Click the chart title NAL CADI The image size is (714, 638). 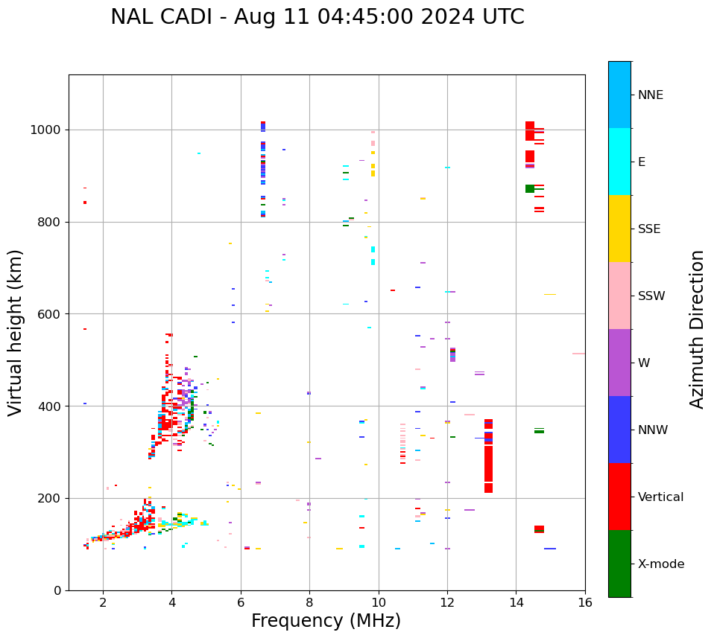point(317,17)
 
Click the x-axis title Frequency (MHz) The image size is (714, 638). point(326,621)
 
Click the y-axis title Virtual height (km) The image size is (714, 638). point(16,333)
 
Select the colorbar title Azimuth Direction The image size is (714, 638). point(697,329)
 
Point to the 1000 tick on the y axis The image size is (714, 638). point(50,130)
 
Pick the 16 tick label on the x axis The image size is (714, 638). point(584,602)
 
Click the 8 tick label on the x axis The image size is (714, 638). point(309,602)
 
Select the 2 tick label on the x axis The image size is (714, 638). point(103,602)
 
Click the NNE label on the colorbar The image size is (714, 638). point(650,95)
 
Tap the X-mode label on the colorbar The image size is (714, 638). point(660,564)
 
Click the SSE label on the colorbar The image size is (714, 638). point(649,229)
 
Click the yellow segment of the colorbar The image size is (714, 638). point(619,229)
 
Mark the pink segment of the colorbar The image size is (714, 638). point(619,296)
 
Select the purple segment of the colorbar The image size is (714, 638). point(619,363)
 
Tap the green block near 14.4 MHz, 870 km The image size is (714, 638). point(530,189)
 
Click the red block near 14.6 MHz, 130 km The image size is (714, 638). point(539,529)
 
